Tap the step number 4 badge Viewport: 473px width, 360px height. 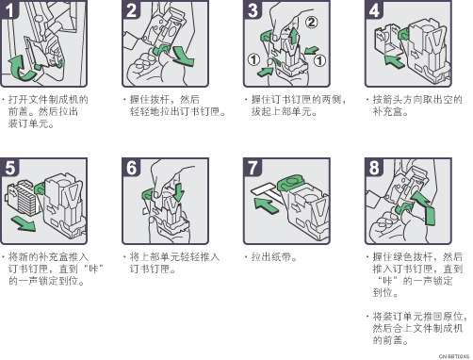tap(373, 9)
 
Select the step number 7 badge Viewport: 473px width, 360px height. tap(252, 167)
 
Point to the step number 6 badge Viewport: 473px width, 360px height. tap(130, 167)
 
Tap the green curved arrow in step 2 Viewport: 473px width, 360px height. tap(183, 57)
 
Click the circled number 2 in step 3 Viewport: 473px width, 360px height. tap(311, 22)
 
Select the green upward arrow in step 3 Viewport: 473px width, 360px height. tap(293, 36)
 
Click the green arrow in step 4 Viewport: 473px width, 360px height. tap(395, 60)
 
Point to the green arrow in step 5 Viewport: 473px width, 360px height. tap(24, 223)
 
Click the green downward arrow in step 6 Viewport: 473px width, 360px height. tap(178, 192)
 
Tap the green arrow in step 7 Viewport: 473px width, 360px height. tap(267, 205)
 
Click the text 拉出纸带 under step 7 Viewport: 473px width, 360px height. tap(270, 257)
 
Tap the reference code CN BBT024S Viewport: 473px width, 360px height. tap(454, 356)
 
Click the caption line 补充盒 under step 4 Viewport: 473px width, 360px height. tap(389, 111)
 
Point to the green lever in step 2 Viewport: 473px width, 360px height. tap(161, 50)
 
